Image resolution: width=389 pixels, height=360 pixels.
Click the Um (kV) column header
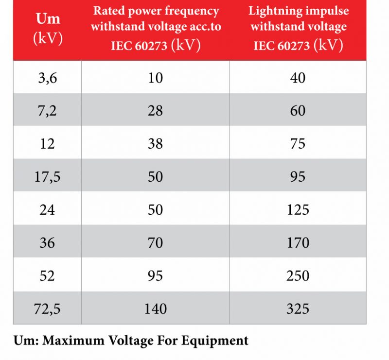pyautogui.click(x=47, y=29)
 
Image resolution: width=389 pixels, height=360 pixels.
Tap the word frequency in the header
pyautogui.click(x=193, y=11)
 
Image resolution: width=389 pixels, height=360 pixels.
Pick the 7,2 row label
pyautogui.click(x=47, y=111)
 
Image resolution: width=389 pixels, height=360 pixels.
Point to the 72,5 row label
pyautogui.click(x=47, y=309)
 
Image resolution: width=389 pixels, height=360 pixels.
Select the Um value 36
pyautogui.click(x=47, y=242)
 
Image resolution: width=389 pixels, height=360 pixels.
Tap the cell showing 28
pyautogui.click(x=155, y=111)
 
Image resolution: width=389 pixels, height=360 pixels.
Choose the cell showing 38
pyautogui.click(x=155, y=144)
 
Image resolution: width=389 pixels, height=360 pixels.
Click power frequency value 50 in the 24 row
pyautogui.click(x=155, y=209)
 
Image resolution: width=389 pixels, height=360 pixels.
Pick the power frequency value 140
pyautogui.click(x=155, y=309)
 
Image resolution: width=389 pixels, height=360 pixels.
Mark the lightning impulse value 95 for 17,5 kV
pyautogui.click(x=298, y=177)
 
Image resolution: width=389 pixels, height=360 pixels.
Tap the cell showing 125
pyautogui.click(x=298, y=209)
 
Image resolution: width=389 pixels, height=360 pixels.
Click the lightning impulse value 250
pyautogui.click(x=298, y=275)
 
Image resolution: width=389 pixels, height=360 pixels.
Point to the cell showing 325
pyautogui.click(x=298, y=309)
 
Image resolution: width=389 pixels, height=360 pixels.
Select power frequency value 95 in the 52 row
pyautogui.click(x=155, y=275)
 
